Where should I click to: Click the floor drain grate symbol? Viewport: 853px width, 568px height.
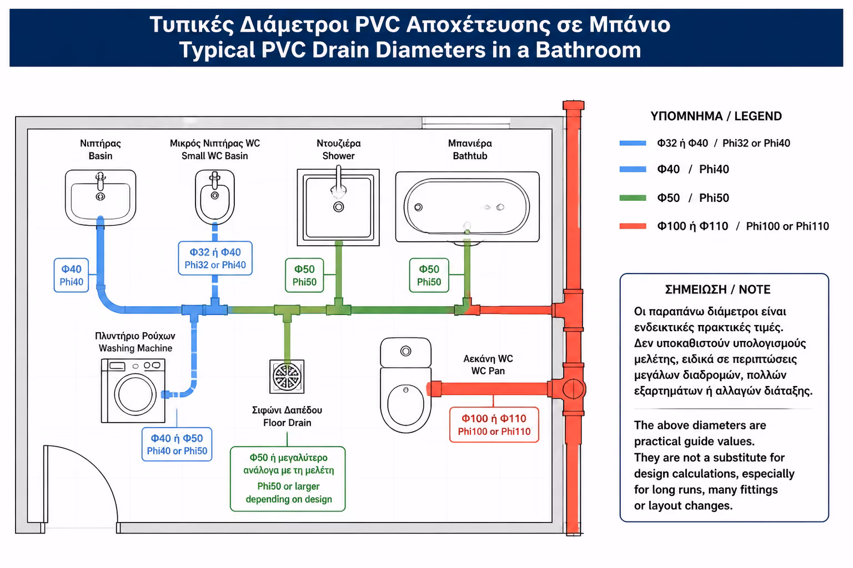click(287, 376)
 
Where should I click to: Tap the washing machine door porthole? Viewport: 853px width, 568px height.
click(135, 394)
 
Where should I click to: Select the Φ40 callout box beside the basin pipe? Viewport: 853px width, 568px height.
click(71, 275)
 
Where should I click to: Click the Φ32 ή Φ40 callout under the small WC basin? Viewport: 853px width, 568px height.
click(215, 258)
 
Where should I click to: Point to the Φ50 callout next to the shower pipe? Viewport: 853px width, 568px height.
click(304, 275)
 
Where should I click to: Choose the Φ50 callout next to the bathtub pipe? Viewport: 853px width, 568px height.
click(429, 275)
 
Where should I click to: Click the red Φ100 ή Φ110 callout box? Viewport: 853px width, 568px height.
click(494, 424)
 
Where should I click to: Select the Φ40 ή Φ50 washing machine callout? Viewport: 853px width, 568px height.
click(177, 444)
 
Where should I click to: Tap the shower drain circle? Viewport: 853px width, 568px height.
click(339, 207)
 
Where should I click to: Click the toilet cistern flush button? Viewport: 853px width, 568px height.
click(405, 351)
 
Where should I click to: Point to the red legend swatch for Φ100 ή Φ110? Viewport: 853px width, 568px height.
click(633, 226)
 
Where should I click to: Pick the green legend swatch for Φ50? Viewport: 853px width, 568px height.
click(633, 198)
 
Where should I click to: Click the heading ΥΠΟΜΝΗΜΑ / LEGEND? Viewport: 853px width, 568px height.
click(716, 116)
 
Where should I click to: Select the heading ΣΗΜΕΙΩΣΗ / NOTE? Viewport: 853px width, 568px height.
click(717, 290)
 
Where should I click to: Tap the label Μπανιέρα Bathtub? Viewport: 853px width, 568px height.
click(470, 150)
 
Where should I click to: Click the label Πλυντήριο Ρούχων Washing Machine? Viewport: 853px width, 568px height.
click(135, 342)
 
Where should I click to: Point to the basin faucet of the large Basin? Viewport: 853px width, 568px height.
click(101, 181)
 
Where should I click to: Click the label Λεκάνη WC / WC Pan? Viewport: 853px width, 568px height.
click(488, 364)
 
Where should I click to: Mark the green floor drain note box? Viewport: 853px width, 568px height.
click(288, 479)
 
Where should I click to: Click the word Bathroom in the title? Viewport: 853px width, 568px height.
click(588, 50)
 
